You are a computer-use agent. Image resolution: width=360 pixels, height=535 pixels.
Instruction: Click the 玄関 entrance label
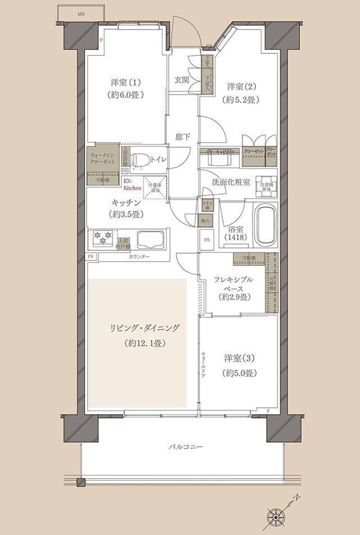coord(181,80)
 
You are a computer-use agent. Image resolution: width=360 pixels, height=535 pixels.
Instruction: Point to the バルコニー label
coord(185,448)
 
